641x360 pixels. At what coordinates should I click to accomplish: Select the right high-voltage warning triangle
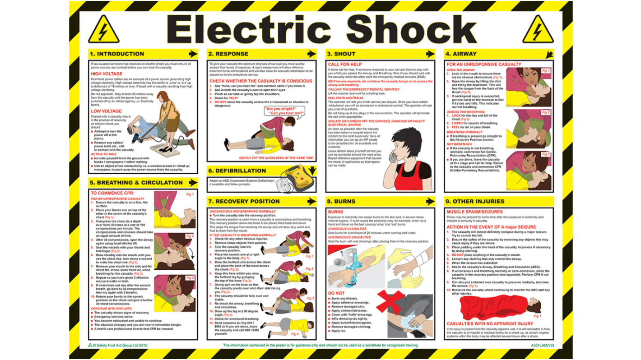pos(538,30)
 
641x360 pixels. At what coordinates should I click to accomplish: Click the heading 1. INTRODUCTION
pos(116,54)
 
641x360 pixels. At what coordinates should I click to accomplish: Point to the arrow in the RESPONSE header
pos(311,54)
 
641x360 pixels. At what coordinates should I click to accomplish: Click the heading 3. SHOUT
pos(341,54)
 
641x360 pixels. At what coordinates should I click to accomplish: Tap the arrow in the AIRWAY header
pos(548,54)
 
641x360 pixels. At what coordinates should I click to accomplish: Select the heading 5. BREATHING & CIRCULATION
pos(136,183)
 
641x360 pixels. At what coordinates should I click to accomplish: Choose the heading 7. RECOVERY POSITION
pos(244,201)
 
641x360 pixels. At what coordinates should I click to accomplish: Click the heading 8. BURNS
pos(341,201)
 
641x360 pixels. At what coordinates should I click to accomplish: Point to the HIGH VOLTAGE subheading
pos(106,74)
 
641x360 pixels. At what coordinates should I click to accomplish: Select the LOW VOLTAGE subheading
pos(106,111)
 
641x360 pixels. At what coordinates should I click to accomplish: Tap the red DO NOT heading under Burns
pos(336,293)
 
